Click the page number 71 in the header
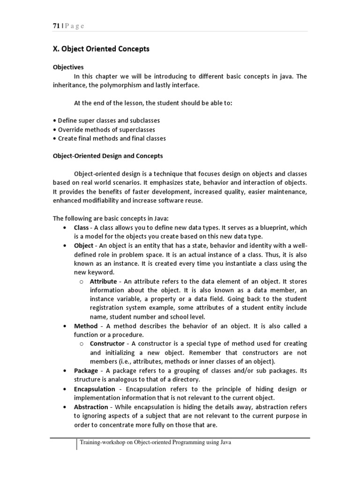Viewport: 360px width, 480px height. click(56, 26)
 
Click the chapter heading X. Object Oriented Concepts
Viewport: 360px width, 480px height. click(101, 49)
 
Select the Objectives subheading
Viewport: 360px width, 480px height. click(67, 67)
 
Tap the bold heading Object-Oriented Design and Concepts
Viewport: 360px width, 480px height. click(107, 156)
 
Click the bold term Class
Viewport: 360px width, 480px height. click(82, 227)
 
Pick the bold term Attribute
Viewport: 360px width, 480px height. click(103, 281)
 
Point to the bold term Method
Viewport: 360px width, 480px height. click(86, 326)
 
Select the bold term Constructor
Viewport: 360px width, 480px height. click(108, 344)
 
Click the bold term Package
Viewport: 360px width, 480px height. click(86, 370)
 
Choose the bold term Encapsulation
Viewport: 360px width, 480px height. click(94, 389)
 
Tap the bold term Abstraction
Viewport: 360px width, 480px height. click(91, 406)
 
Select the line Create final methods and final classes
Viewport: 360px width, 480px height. click(111, 138)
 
